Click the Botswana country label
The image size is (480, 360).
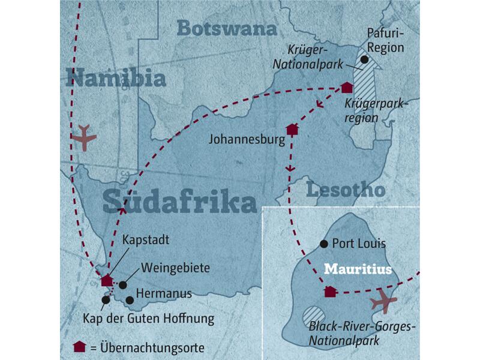(226, 29)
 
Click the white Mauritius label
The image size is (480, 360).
(358, 269)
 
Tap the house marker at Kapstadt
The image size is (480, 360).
(106, 280)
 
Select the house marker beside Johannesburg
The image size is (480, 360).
(292, 129)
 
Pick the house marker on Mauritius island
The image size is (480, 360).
(329, 292)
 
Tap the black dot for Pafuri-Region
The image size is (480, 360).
(364, 59)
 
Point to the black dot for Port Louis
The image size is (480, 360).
(324, 244)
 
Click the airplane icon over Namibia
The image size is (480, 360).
(83, 137)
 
